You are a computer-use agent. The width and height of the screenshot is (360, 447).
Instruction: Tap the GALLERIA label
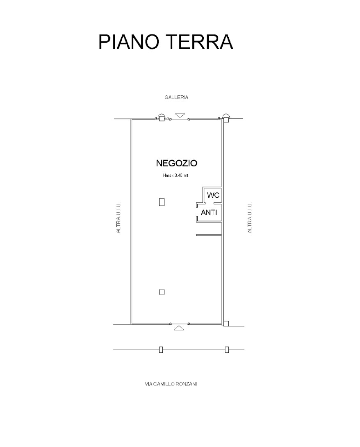click(176, 97)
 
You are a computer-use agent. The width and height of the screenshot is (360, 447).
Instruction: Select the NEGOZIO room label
click(176, 163)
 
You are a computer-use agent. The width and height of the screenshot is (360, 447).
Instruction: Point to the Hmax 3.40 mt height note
click(175, 176)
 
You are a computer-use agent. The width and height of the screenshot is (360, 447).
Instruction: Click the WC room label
click(213, 195)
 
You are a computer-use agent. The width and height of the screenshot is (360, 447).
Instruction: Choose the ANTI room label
click(209, 213)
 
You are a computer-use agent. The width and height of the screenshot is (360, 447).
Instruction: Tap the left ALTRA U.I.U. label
click(118, 218)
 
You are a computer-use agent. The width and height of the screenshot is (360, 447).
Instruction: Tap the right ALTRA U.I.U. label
click(250, 218)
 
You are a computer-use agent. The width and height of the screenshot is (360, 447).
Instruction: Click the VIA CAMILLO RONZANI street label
click(171, 384)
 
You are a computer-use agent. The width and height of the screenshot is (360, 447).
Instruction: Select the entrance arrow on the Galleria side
click(180, 115)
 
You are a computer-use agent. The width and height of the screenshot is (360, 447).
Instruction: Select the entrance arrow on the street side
click(179, 328)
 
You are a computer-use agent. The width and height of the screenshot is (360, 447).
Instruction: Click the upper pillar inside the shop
click(162, 202)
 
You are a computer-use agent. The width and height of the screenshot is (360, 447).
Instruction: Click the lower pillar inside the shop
click(162, 292)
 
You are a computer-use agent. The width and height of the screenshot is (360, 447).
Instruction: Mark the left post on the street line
click(161, 349)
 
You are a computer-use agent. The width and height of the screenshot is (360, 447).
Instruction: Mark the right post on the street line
click(227, 349)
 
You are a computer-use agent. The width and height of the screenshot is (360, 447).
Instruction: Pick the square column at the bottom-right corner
click(226, 324)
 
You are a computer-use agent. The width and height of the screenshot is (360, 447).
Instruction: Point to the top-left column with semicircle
click(161, 117)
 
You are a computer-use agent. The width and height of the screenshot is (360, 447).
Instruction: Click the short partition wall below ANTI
click(209, 235)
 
